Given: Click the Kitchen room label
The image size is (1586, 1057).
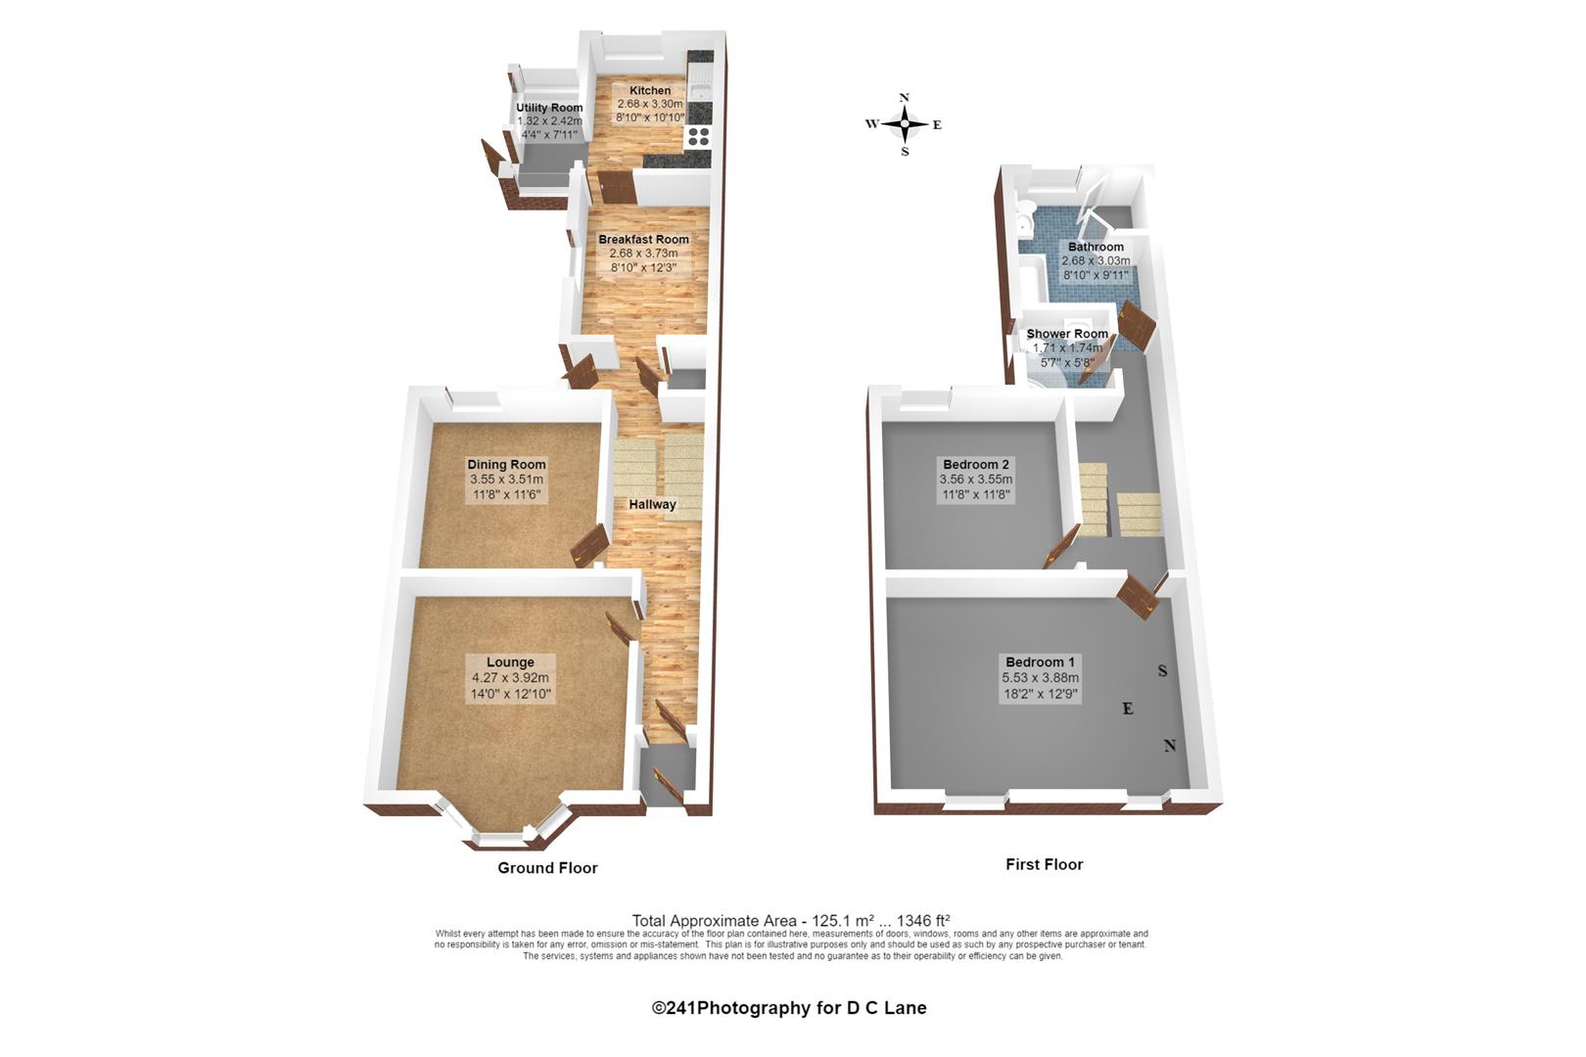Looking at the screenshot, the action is click(650, 91).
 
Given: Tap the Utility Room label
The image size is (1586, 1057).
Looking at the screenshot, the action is click(549, 108).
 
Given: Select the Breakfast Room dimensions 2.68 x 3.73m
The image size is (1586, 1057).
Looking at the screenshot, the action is click(643, 253).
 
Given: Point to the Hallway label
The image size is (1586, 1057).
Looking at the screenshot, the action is click(652, 505).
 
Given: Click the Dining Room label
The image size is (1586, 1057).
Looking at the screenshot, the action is click(506, 465).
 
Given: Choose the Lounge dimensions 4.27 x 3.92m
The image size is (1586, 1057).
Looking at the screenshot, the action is click(510, 678).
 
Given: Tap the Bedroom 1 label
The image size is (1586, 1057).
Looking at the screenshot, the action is click(1040, 663).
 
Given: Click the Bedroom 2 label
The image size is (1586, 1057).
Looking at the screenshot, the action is click(976, 465).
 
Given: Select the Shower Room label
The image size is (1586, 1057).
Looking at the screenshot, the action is click(1067, 334).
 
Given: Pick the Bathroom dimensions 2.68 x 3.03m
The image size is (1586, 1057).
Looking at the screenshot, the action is click(1096, 260).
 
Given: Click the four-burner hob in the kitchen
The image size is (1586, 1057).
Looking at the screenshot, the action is click(698, 136).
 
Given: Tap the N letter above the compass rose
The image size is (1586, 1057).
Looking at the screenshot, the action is click(905, 98).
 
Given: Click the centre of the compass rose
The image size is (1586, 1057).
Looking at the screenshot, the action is click(905, 124).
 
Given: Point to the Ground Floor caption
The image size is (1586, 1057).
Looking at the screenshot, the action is click(547, 868).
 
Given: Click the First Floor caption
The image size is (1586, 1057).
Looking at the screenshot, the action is click(1045, 864).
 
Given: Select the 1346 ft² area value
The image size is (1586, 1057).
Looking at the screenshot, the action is click(923, 921).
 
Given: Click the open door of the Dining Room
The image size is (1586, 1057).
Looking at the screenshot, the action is click(589, 546).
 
